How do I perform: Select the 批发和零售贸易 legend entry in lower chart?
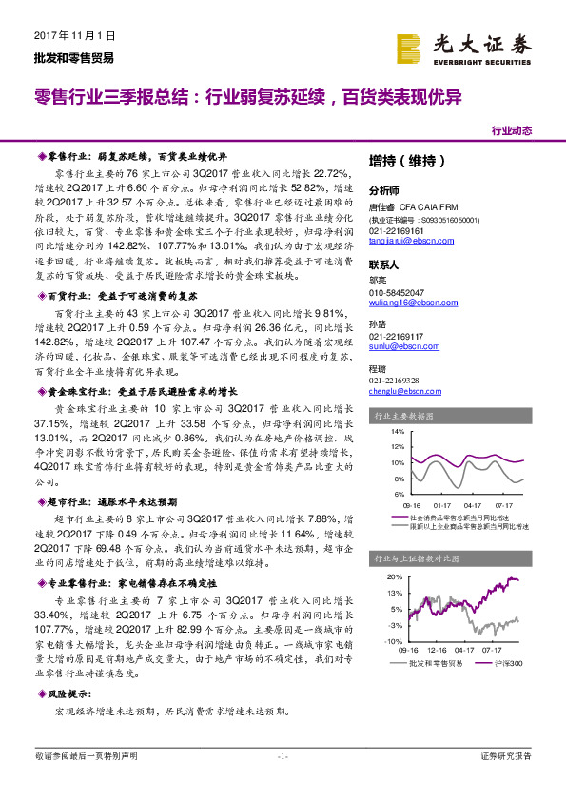tap(429, 664)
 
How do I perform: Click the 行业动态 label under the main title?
tap(511, 131)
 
